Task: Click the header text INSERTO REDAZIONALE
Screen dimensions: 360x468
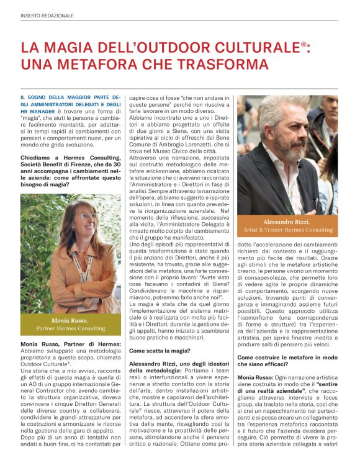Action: pyautogui.click(x=47, y=15)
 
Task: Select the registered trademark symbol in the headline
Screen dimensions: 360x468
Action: pyautogui.click(x=304, y=43)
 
